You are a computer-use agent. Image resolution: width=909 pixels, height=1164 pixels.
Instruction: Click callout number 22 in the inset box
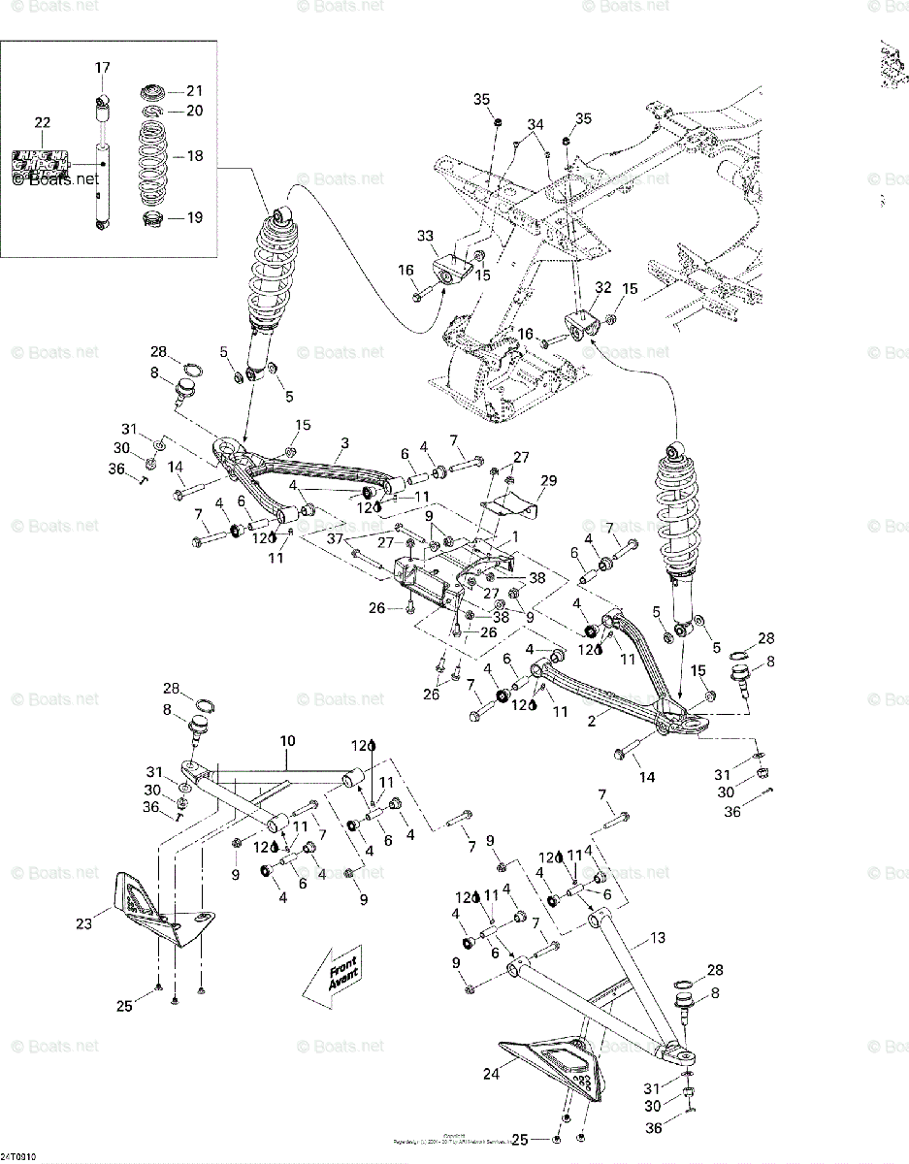(42, 122)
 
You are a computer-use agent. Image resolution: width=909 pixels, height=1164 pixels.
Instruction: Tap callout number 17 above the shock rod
(102, 68)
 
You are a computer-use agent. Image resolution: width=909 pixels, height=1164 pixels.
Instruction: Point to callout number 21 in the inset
(194, 91)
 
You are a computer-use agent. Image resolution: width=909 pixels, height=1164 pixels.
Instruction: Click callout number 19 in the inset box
(194, 217)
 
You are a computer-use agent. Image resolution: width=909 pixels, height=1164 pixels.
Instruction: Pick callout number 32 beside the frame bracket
(603, 287)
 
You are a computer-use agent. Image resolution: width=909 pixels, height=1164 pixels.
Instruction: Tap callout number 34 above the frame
(536, 124)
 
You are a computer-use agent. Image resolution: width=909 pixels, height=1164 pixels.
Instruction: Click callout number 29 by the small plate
(549, 481)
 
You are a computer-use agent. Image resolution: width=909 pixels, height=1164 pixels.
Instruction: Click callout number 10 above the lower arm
(287, 742)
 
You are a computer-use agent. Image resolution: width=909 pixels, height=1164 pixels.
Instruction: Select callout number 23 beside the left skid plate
(84, 924)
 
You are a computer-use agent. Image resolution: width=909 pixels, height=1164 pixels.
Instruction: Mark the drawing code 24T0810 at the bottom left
(18, 1157)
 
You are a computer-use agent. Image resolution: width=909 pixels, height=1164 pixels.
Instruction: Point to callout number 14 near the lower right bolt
(646, 777)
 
